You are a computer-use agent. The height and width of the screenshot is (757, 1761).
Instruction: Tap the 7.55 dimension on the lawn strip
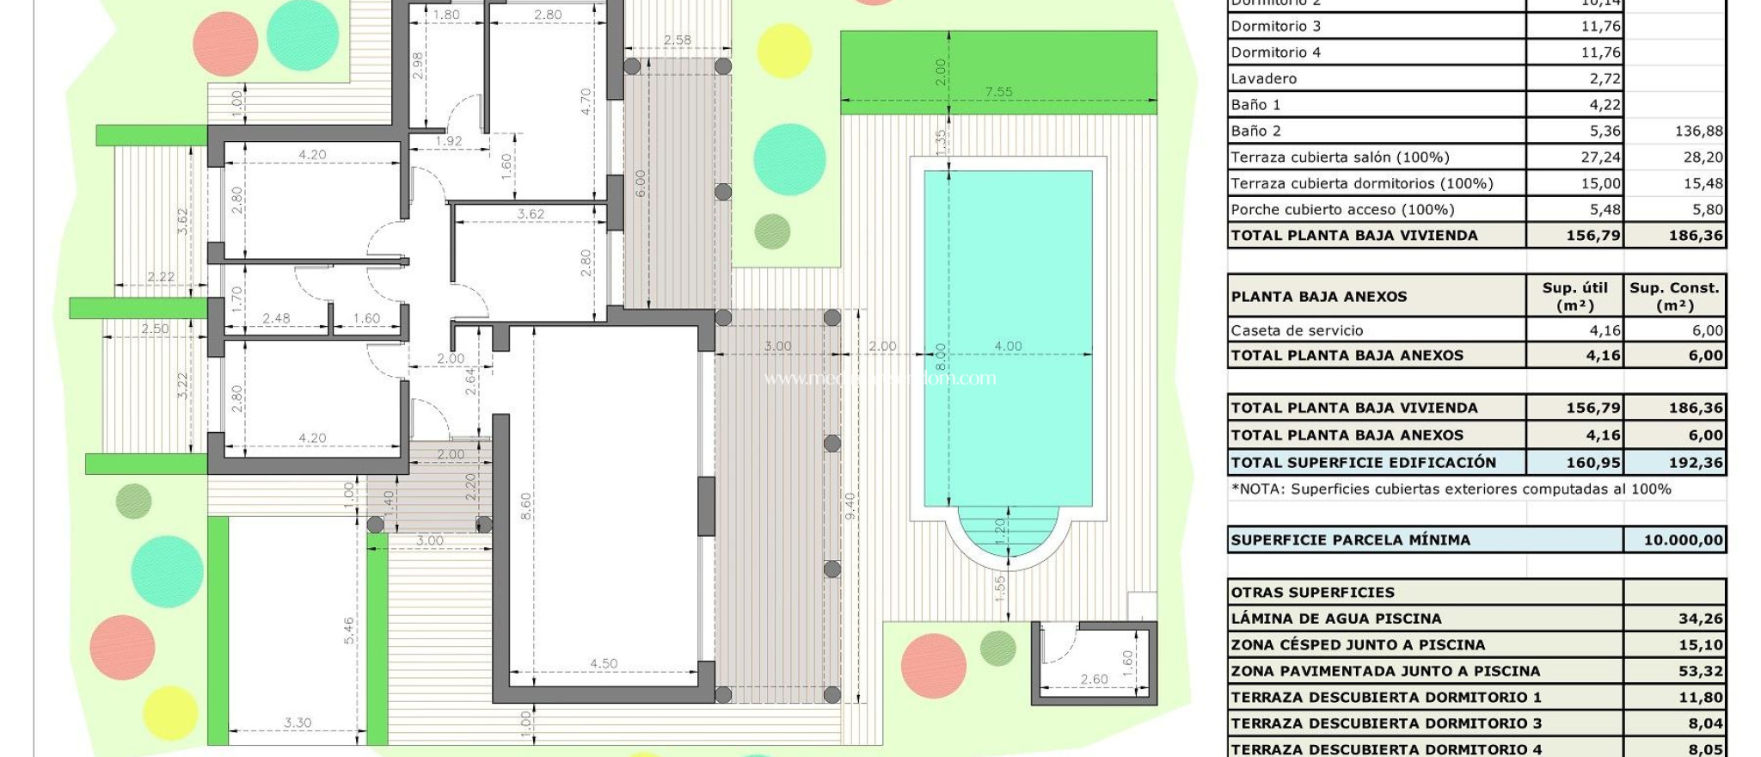[x=998, y=91]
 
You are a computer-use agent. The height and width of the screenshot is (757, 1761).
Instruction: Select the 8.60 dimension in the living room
[x=525, y=506]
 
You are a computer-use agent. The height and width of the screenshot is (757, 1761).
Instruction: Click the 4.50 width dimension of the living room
[x=604, y=663]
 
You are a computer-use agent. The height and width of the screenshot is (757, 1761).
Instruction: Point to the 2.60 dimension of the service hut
[x=1094, y=679]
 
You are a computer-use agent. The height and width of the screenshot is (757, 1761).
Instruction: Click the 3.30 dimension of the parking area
[x=298, y=723]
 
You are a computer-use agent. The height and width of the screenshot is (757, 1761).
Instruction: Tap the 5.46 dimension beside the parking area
[x=349, y=631]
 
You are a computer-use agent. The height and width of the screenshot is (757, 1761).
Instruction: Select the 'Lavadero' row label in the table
[x=1263, y=78]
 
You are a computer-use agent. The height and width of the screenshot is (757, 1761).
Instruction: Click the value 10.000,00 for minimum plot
[x=1683, y=540]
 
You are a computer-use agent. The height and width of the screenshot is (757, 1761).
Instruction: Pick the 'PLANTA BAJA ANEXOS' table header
[x=1318, y=297]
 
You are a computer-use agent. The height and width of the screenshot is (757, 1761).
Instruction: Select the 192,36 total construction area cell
[x=1695, y=463]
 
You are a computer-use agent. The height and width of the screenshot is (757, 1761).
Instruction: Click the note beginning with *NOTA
[x=1451, y=489]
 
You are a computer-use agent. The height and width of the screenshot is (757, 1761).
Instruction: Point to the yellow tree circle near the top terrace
[x=783, y=51]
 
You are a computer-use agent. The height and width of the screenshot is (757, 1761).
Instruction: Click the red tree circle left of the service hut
[x=933, y=665]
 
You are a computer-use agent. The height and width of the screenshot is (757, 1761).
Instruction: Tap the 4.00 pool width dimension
[x=1008, y=346]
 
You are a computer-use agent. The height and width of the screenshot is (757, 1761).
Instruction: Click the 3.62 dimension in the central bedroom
[x=531, y=213]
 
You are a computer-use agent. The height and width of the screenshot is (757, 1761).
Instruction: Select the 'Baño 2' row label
[x=1255, y=131]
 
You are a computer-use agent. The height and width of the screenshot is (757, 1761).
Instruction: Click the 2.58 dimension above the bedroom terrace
[x=677, y=40]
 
